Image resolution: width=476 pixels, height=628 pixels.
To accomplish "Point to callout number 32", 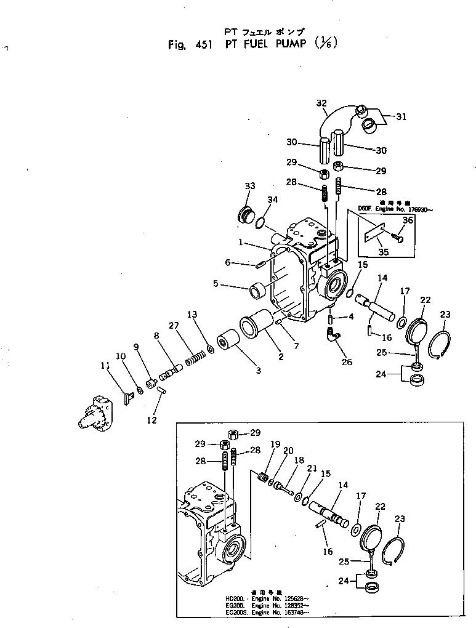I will click(321, 103).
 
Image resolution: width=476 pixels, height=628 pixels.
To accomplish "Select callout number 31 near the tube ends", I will click(401, 116).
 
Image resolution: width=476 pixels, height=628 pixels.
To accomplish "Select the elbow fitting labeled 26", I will click(333, 335).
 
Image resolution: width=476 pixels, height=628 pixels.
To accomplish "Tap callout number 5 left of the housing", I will click(216, 284).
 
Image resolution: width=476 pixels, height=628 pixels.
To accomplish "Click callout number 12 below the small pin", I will click(152, 420).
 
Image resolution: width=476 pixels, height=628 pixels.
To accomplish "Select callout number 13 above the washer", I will click(193, 315).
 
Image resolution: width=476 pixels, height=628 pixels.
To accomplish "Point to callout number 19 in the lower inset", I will click(275, 444).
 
